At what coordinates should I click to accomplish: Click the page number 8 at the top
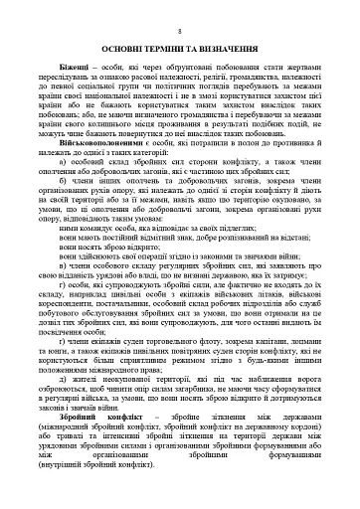[179, 29]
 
